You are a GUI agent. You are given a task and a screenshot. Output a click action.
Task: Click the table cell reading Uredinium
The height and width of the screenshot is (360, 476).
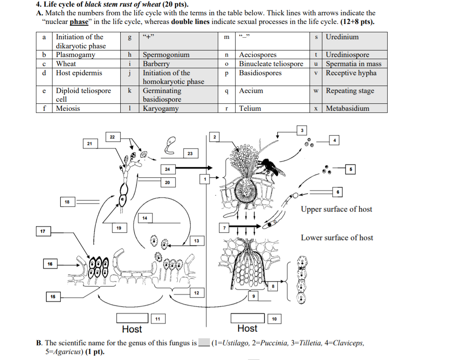click(x=342, y=37)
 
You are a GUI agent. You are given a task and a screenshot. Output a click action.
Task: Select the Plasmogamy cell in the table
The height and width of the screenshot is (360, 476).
click(x=76, y=55)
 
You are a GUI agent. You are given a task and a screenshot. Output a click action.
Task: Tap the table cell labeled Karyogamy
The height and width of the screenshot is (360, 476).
click(x=161, y=109)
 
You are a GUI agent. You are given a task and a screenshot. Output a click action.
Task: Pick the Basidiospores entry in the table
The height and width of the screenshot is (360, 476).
click(x=260, y=73)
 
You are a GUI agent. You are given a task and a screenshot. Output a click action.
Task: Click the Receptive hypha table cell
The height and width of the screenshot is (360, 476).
click(x=351, y=73)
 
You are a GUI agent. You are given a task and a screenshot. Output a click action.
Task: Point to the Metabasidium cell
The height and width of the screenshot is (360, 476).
click(x=347, y=109)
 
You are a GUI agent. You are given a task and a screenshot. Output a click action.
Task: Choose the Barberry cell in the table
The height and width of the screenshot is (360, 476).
click(x=156, y=64)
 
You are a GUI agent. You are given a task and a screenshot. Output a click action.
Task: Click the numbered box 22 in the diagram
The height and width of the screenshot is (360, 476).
click(x=112, y=137)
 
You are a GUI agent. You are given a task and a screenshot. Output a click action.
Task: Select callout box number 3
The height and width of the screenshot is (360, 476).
click(x=302, y=131)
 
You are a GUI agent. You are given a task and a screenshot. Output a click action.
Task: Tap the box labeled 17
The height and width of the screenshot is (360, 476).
click(x=43, y=231)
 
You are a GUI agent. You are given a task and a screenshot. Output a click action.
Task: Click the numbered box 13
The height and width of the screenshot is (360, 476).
click(x=197, y=241)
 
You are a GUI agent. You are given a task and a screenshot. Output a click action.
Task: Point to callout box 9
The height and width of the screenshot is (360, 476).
click(x=254, y=296)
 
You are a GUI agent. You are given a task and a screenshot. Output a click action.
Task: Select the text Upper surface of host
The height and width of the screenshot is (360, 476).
click(x=336, y=209)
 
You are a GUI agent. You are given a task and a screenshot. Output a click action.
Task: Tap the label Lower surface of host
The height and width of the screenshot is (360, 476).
click(x=336, y=238)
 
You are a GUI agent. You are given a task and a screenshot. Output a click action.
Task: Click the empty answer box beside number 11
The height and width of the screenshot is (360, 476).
click(x=132, y=318)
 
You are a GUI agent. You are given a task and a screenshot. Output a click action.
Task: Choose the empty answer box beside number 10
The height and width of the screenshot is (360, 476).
click(x=248, y=318)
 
